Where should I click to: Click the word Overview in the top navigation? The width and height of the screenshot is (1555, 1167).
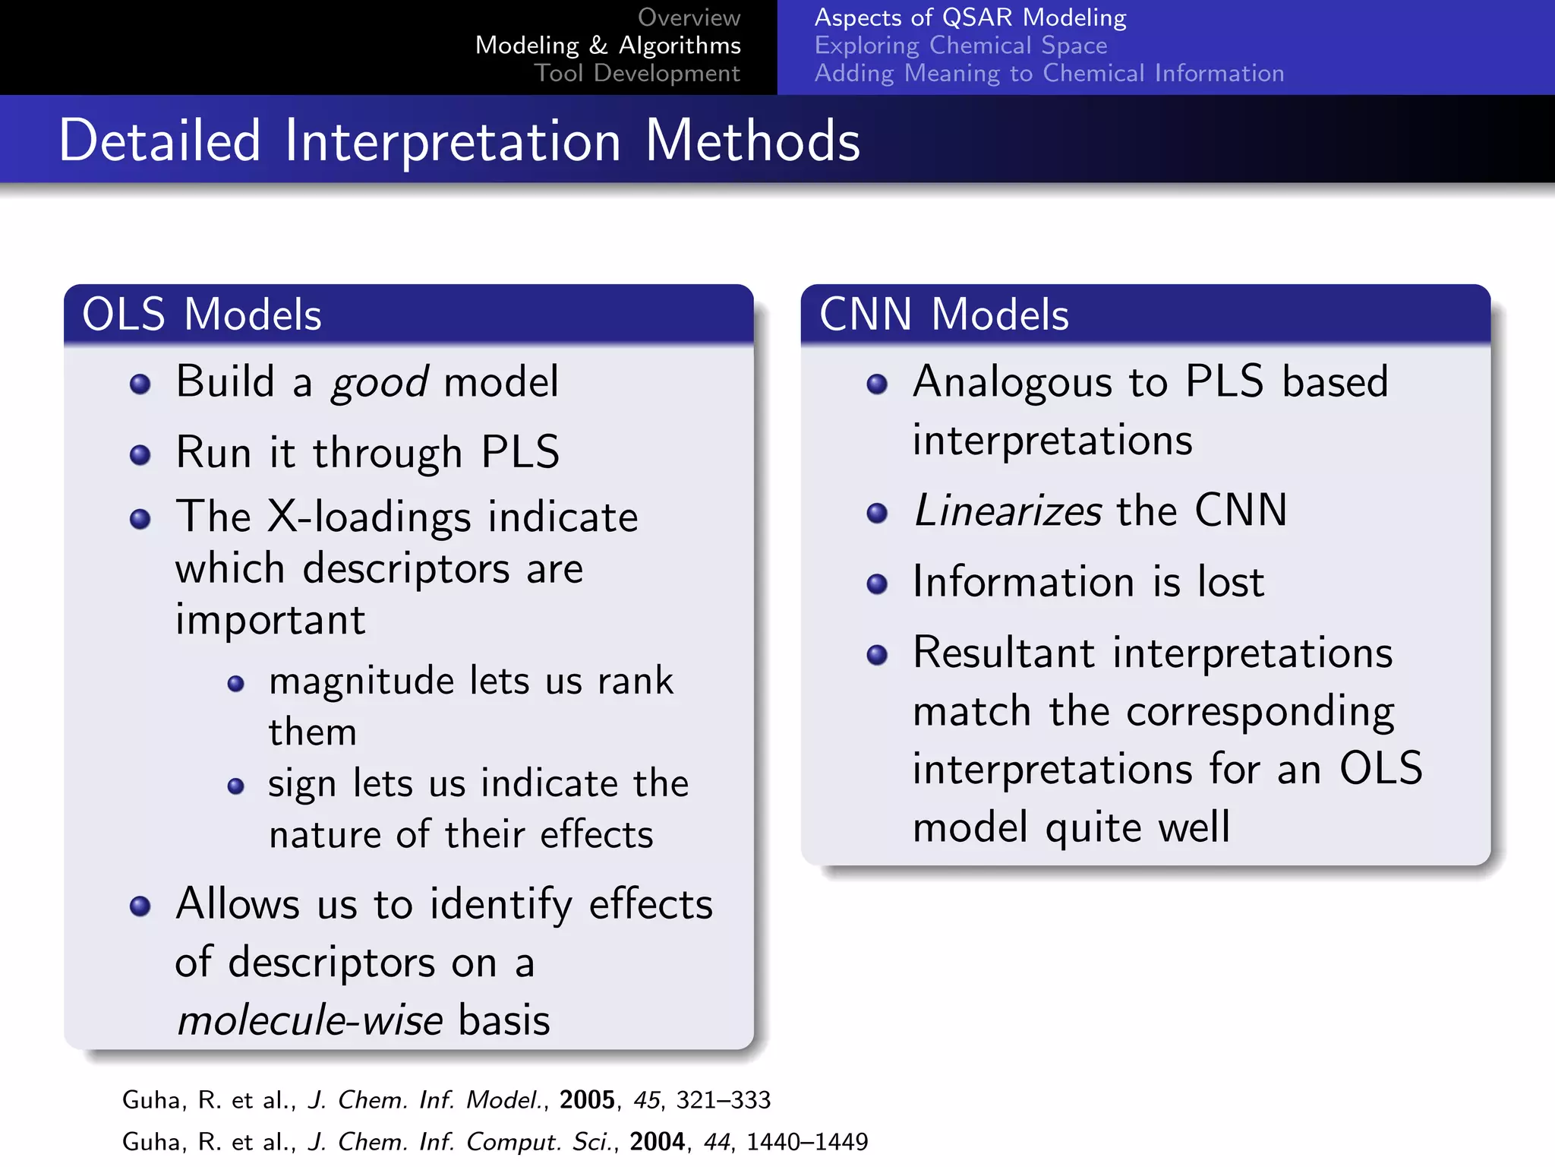(688, 17)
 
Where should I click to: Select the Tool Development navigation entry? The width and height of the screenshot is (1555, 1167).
(636, 73)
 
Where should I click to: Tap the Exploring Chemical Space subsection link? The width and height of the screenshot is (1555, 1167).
(960, 46)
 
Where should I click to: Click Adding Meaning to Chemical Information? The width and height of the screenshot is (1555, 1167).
(1049, 73)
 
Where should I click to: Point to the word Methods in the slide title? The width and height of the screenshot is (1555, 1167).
(752, 141)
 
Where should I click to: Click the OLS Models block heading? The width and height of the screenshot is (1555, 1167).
(202, 315)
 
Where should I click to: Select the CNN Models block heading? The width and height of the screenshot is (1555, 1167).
(944, 315)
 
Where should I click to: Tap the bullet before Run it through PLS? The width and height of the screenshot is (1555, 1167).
(140, 455)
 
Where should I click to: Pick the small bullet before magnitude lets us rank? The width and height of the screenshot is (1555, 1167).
(236, 684)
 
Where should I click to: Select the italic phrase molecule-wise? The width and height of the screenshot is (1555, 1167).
(310, 1020)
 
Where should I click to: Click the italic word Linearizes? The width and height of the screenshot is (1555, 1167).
(1007, 511)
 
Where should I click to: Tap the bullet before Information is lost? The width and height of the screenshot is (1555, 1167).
(877, 583)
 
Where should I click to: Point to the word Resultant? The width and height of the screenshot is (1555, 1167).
(1004, 653)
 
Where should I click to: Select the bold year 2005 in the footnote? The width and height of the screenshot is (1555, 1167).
(586, 1100)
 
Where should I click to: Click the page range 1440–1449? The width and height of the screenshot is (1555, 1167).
(806, 1142)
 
